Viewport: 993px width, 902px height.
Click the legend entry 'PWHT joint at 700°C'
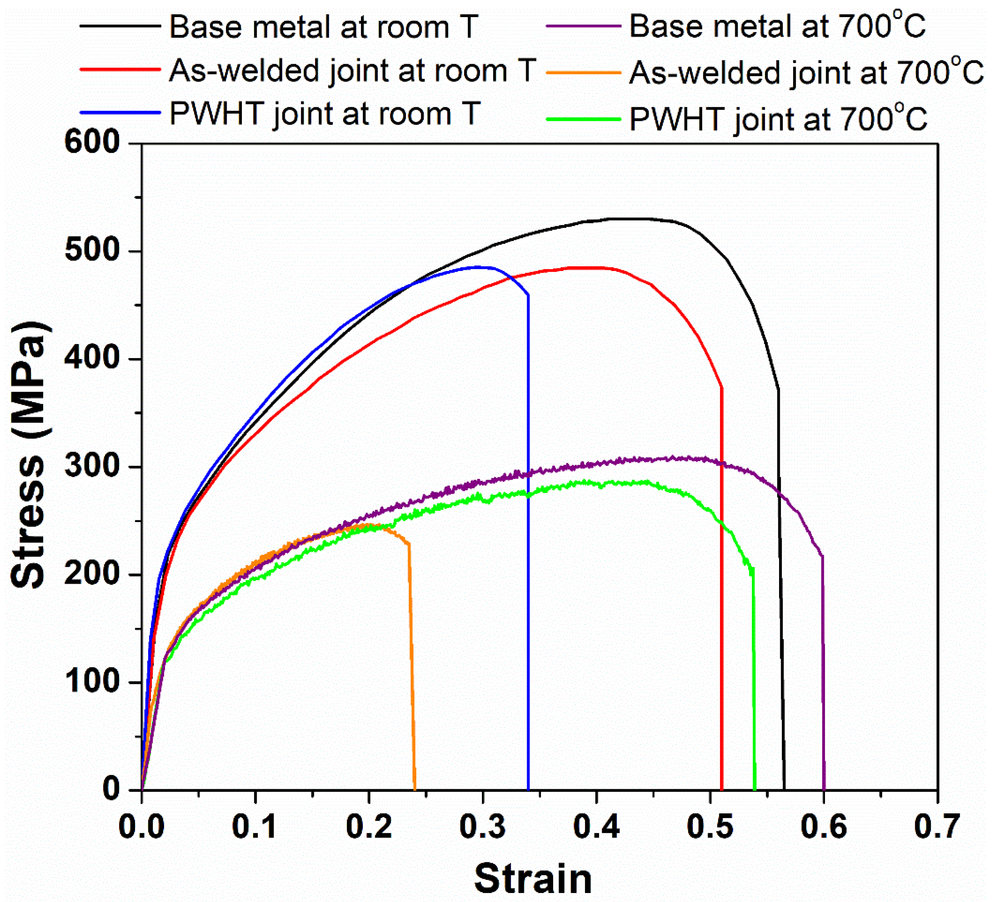coord(778,119)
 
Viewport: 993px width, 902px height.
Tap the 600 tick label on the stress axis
coord(93,143)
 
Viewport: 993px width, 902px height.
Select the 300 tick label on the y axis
coord(93,466)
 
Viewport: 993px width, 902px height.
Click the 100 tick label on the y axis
coord(93,682)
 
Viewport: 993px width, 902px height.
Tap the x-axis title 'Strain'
coord(533,879)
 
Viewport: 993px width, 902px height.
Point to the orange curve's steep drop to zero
coord(412,665)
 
